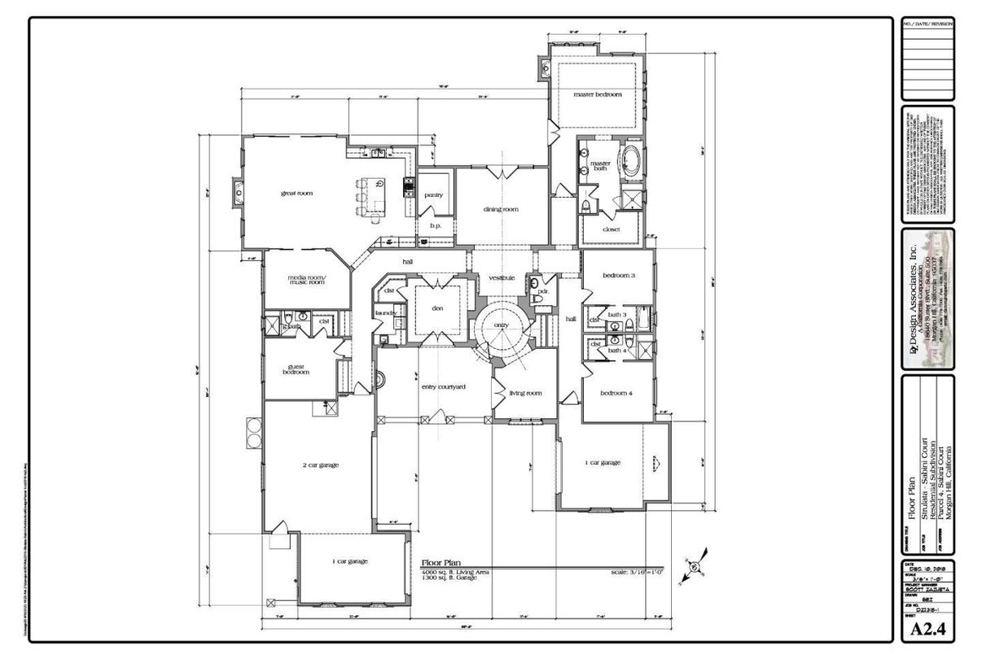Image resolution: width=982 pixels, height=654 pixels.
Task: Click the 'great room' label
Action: (297, 194)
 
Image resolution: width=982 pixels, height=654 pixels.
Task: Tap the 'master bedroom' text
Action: (598, 94)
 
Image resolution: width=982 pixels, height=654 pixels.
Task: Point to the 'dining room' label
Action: (501, 209)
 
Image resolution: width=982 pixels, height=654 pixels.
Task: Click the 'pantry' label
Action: (433, 195)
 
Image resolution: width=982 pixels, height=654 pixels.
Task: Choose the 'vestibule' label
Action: (502, 278)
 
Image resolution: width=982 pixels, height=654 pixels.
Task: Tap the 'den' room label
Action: (436, 308)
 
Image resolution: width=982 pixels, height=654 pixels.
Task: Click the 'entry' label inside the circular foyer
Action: (501, 325)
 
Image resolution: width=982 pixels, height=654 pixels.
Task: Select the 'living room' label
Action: (525, 394)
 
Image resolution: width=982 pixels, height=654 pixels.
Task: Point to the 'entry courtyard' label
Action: (443, 386)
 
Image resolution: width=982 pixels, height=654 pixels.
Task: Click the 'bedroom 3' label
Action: (618, 276)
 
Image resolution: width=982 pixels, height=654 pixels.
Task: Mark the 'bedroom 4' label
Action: (616, 394)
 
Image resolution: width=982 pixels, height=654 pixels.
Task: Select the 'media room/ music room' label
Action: (305, 281)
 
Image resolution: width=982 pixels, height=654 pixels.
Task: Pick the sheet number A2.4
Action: (927, 629)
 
